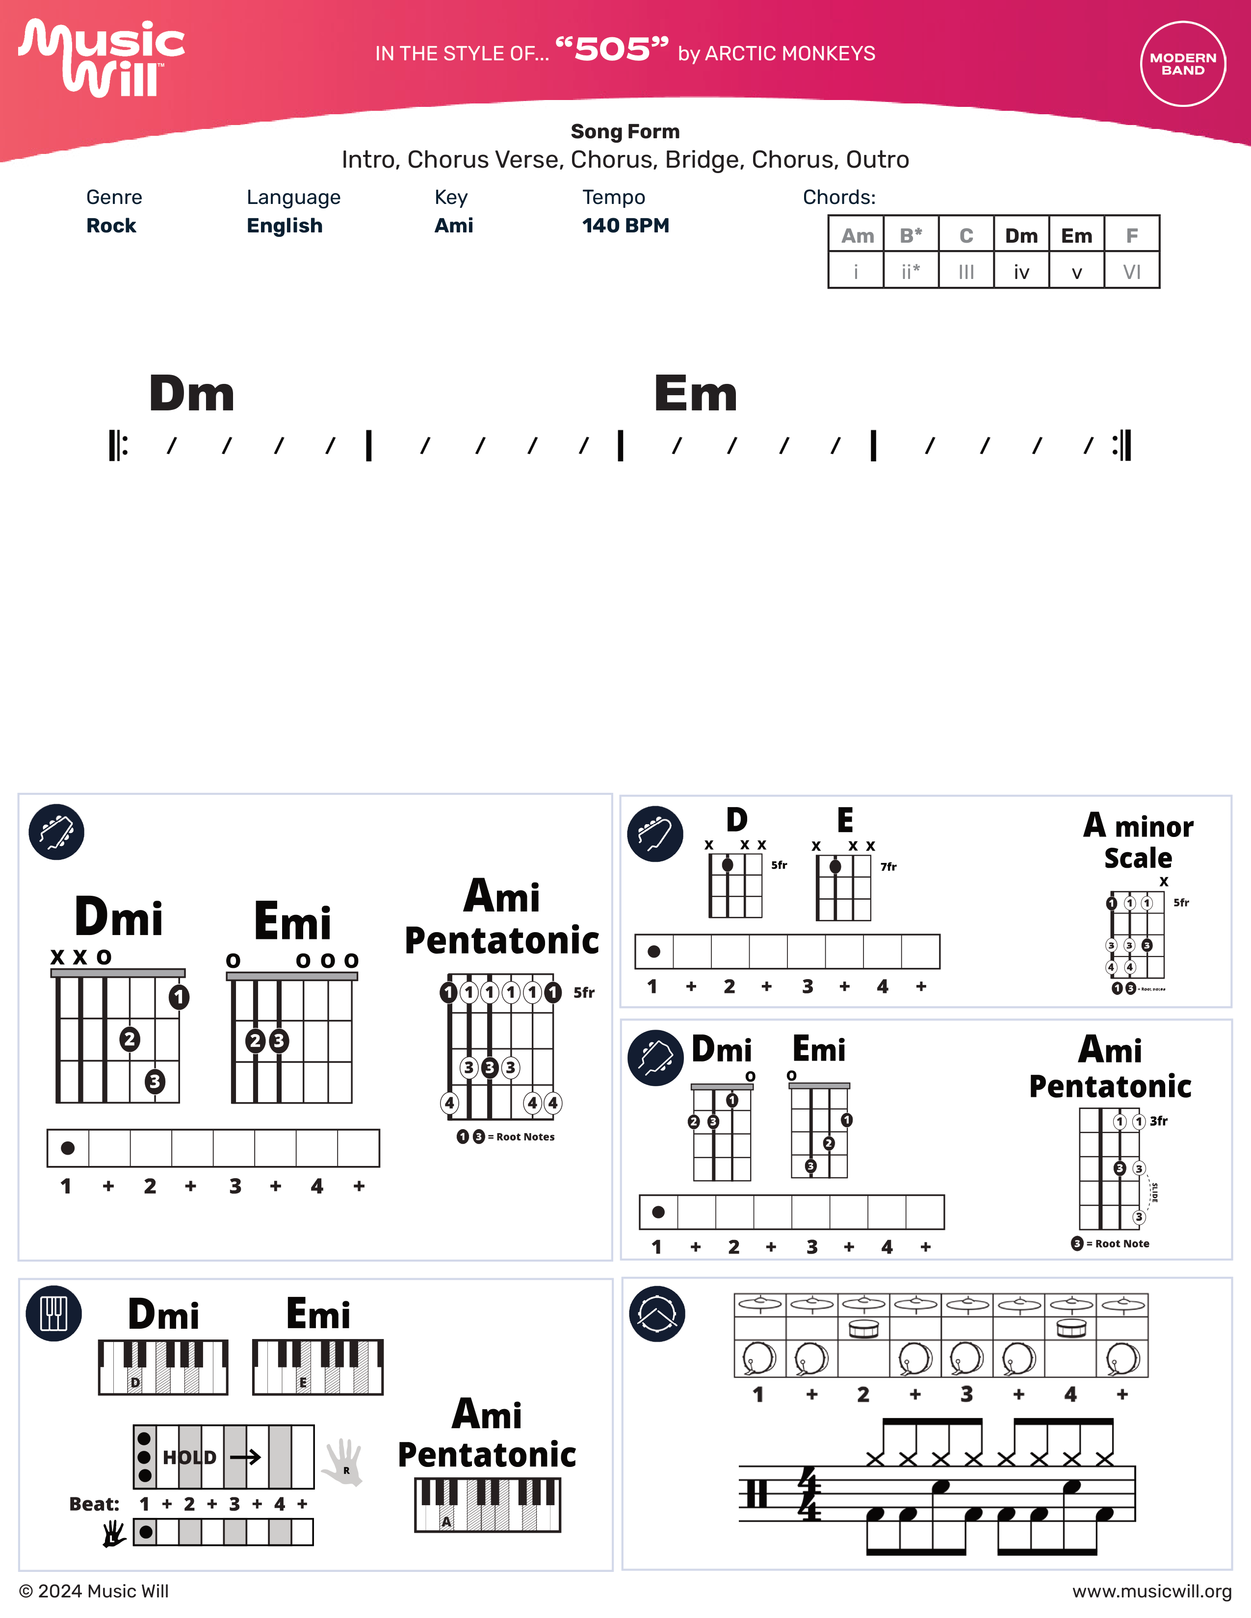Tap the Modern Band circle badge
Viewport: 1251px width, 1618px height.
[1182, 64]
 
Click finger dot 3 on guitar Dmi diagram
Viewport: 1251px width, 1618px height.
[154, 1082]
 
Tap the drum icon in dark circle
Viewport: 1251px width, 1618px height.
[656, 1314]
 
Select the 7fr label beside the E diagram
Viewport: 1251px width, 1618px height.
[888, 867]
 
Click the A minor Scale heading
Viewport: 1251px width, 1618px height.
[1138, 841]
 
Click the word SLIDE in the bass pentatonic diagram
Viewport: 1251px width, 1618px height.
[1154, 1193]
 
